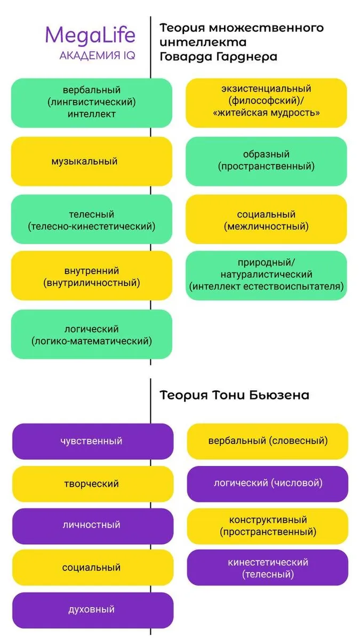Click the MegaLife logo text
pos(90,35)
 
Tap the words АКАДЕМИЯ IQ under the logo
pos(97,55)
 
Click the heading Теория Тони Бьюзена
pos(234,395)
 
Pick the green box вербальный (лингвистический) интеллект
pos(92,102)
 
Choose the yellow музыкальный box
pos(92,161)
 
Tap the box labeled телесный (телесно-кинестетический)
pos(92,220)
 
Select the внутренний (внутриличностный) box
pos(92,277)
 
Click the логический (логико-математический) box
pos(92,335)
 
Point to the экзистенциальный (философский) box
pos(266,101)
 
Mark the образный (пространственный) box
pos(266,161)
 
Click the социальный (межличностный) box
pos(266,220)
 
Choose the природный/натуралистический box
pos(266,275)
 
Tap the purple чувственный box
pos(92,441)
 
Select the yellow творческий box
pos(92,484)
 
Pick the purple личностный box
pos(92,525)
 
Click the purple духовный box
pos(92,609)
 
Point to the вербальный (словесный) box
pos(267,441)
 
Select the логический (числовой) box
pos(267,483)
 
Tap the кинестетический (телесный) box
pos(267,568)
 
